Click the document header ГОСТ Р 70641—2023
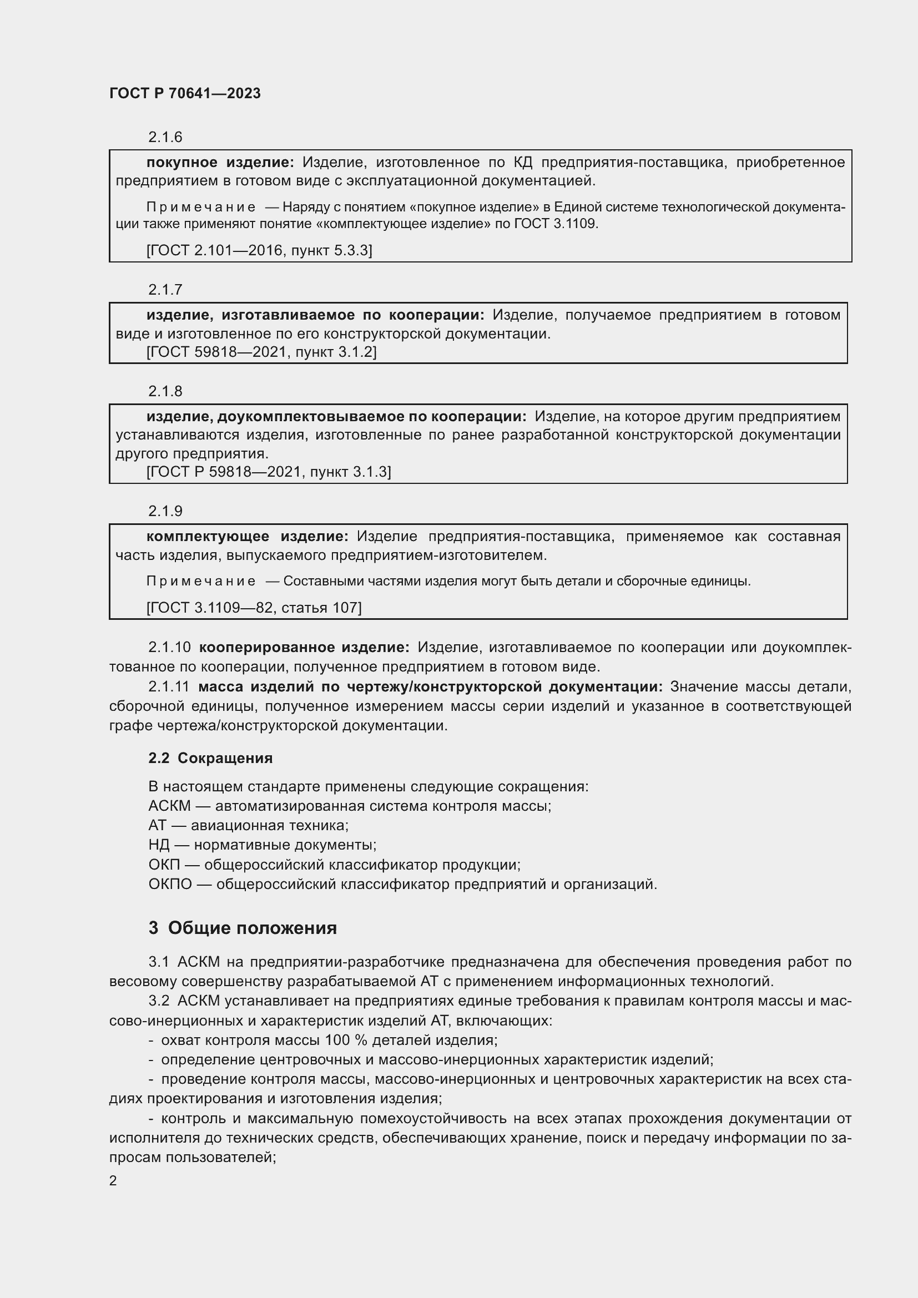(x=185, y=93)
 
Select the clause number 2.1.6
(x=165, y=137)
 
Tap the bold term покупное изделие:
(x=220, y=162)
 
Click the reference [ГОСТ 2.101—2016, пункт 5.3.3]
(x=259, y=250)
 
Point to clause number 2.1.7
(x=165, y=290)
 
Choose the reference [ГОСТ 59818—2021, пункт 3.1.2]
(x=261, y=352)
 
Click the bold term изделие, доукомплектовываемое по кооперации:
(x=336, y=417)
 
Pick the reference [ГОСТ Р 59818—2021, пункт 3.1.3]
(x=269, y=472)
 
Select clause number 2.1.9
(x=165, y=511)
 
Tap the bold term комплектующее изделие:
(x=247, y=536)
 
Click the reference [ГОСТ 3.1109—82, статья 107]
(x=254, y=607)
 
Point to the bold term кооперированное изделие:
(x=304, y=647)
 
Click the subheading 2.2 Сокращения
(x=210, y=758)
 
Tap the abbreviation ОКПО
(x=170, y=883)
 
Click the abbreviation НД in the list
(x=159, y=845)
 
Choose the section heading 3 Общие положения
(x=243, y=928)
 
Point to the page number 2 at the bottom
(x=113, y=1180)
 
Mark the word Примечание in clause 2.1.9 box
(x=201, y=581)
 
